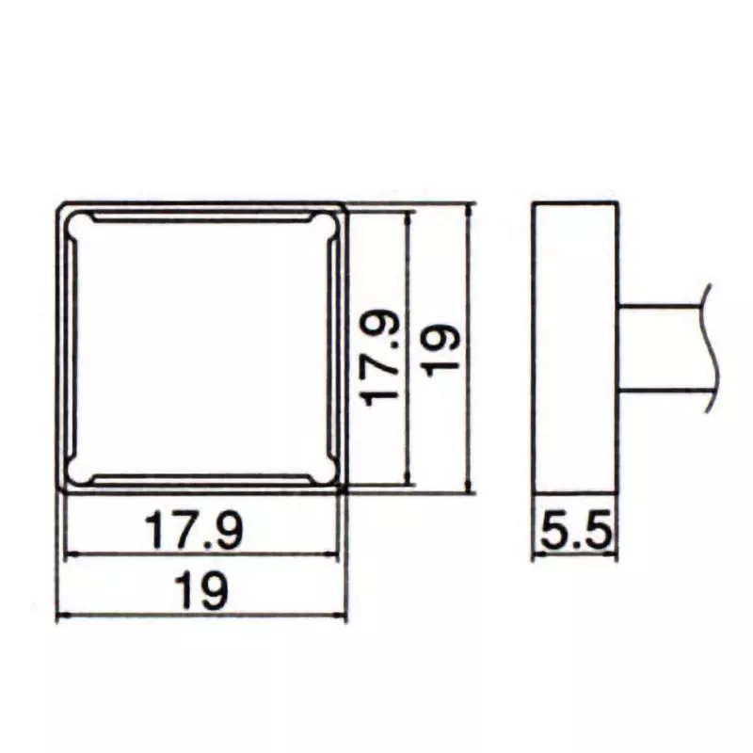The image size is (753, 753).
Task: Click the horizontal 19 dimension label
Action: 201,594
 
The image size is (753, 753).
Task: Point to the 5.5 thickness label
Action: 575,534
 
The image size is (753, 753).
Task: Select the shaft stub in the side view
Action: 659,347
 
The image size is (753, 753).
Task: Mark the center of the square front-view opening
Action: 202,348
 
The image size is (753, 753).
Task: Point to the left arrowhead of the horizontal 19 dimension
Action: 61,617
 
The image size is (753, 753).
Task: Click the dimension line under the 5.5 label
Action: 575,555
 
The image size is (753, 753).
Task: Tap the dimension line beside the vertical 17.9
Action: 409,282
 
